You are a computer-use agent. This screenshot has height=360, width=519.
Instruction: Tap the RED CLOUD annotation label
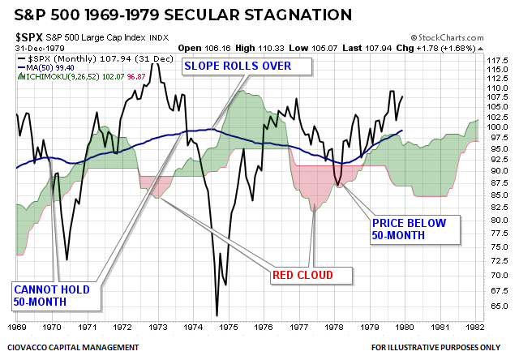[312, 276]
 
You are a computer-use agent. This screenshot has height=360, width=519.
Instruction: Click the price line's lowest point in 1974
[217, 315]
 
